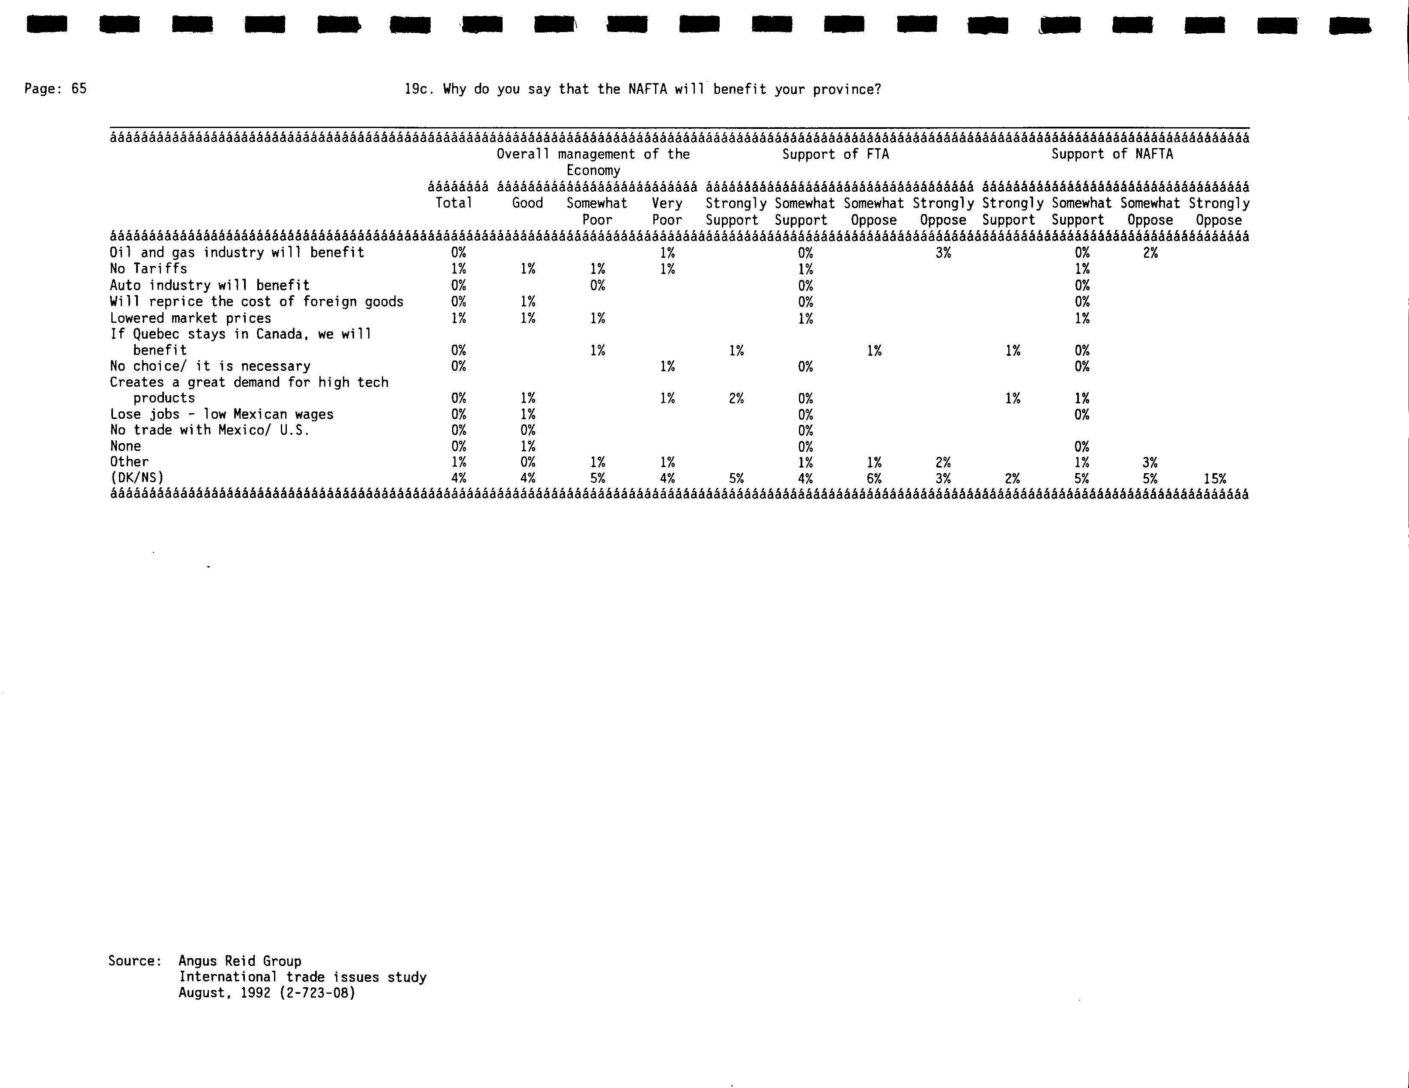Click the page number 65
pyautogui.click(x=79, y=89)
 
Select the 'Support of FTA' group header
pyautogui.click(x=835, y=154)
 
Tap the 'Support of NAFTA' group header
pyautogui.click(x=1112, y=154)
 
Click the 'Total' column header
pyautogui.click(x=454, y=203)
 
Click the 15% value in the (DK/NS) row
pyautogui.click(x=1215, y=479)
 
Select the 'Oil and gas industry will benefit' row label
pyautogui.click(x=237, y=252)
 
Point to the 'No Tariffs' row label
pyautogui.click(x=149, y=268)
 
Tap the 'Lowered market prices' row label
pyautogui.click(x=191, y=318)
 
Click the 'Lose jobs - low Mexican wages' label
pyautogui.click(x=221, y=414)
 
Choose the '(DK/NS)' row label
pyautogui.click(x=137, y=478)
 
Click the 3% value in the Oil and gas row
pyautogui.click(x=943, y=253)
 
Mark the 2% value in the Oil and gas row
pyautogui.click(x=1150, y=253)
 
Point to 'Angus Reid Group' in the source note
pyautogui.click(x=240, y=961)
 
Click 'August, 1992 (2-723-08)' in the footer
pyautogui.click(x=267, y=993)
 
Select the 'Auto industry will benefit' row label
pyautogui.click(x=210, y=285)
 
